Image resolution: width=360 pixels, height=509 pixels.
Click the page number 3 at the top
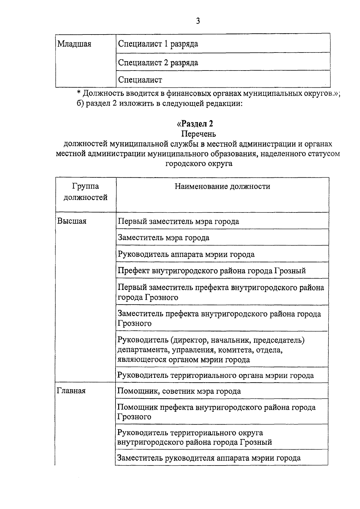coord(198,21)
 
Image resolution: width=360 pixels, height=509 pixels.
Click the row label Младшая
coord(74,44)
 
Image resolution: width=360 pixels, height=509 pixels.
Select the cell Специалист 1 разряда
coord(158,44)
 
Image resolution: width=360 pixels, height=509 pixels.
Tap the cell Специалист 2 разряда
coord(158,63)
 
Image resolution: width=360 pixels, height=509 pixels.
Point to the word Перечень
coord(199,134)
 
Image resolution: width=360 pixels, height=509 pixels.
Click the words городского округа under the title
coord(199,164)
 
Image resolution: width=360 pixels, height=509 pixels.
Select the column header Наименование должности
coord(222,186)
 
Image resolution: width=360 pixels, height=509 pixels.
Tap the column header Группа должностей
coord(85,192)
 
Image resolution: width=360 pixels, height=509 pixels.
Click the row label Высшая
coord(72,221)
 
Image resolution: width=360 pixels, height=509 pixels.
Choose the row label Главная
coord(71,391)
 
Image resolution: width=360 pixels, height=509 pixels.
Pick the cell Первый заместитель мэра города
coord(178,221)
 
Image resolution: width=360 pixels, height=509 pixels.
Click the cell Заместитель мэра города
coord(163,238)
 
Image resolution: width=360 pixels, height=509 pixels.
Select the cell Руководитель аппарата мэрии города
coord(186,254)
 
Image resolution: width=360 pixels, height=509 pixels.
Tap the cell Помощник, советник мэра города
coord(179,391)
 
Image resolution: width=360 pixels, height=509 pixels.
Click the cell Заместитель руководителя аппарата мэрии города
coord(209,458)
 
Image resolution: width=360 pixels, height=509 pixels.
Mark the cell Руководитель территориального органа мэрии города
coord(215,375)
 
